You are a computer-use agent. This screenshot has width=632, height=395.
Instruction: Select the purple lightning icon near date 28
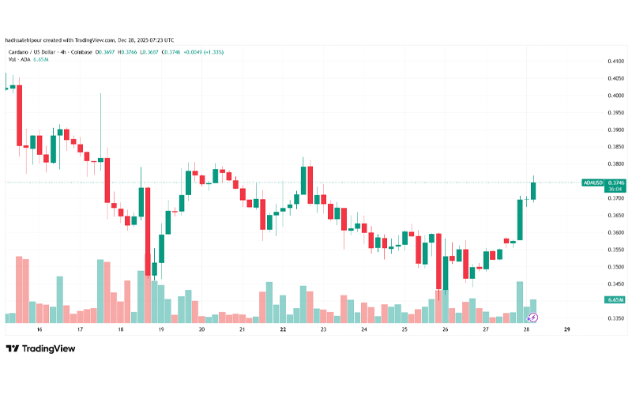click(x=533, y=318)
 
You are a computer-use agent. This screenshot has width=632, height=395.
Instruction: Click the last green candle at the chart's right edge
click(x=534, y=190)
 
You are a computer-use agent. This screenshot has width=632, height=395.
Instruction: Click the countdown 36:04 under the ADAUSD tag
click(x=614, y=190)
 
